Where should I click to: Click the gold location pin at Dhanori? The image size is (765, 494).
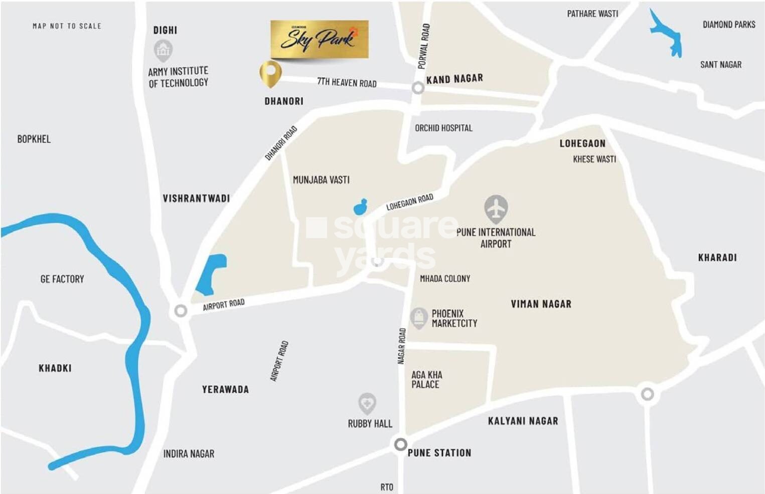pyautogui.click(x=270, y=73)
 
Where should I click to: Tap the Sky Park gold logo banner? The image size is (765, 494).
pyautogui.click(x=320, y=39)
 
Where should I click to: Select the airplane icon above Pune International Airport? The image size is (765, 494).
pyautogui.click(x=496, y=209)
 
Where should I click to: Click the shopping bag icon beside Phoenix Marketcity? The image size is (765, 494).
pyautogui.click(x=419, y=317)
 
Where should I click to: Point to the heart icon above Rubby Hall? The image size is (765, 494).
pyautogui.click(x=367, y=403)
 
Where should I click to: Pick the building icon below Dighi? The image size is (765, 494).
pyautogui.click(x=163, y=50)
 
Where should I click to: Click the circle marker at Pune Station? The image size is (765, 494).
pyautogui.click(x=400, y=444)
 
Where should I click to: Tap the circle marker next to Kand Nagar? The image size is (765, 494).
pyautogui.click(x=418, y=88)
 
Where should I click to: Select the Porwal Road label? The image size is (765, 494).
pyautogui.click(x=424, y=46)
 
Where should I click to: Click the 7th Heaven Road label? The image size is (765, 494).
pyautogui.click(x=347, y=82)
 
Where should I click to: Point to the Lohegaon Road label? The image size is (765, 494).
pyautogui.click(x=409, y=202)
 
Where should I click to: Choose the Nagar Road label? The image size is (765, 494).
pyautogui.click(x=401, y=346)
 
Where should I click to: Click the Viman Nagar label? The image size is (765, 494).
pyautogui.click(x=541, y=304)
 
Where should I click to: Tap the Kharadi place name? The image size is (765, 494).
pyautogui.click(x=717, y=258)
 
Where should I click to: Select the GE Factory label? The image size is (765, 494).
pyautogui.click(x=62, y=279)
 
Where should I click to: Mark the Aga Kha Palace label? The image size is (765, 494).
pyautogui.click(x=426, y=380)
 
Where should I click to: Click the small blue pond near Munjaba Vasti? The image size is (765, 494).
pyautogui.click(x=360, y=207)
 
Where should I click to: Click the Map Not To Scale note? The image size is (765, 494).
pyautogui.click(x=67, y=26)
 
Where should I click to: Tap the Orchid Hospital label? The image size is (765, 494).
pyautogui.click(x=443, y=128)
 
